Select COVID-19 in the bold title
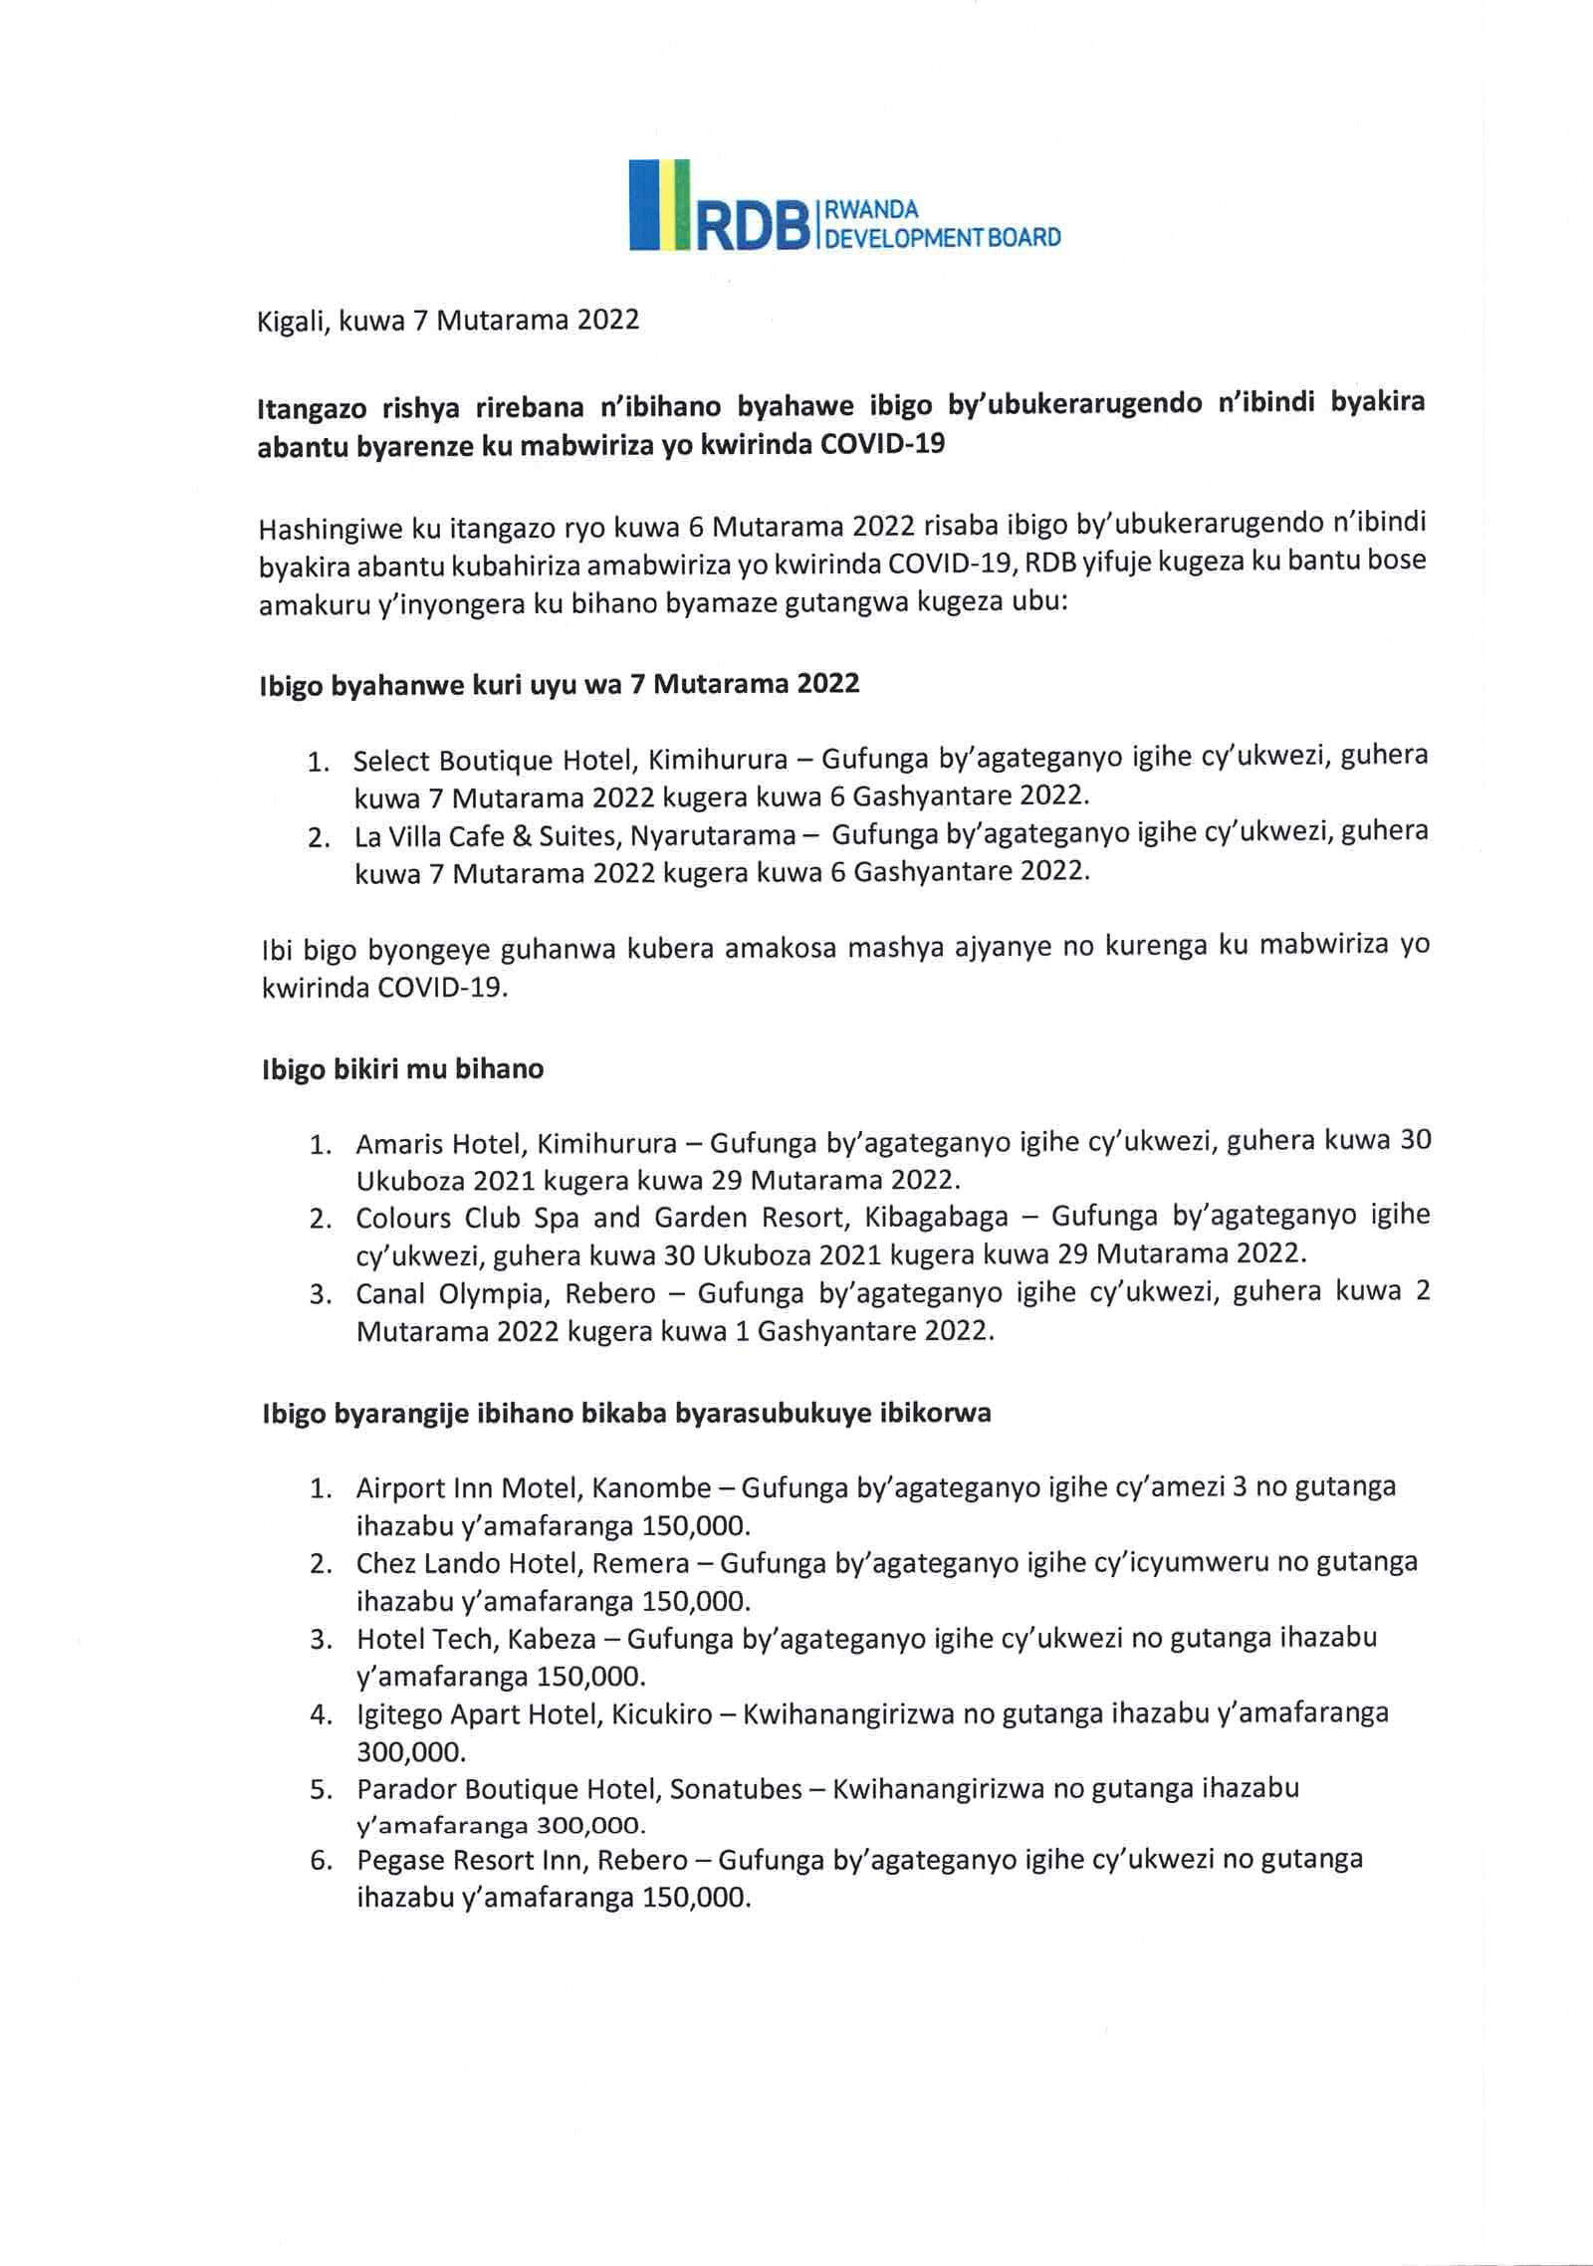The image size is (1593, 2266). click(x=881, y=444)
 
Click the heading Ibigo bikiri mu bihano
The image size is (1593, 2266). click(x=402, y=1069)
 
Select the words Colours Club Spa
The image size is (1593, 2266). click(x=468, y=1218)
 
